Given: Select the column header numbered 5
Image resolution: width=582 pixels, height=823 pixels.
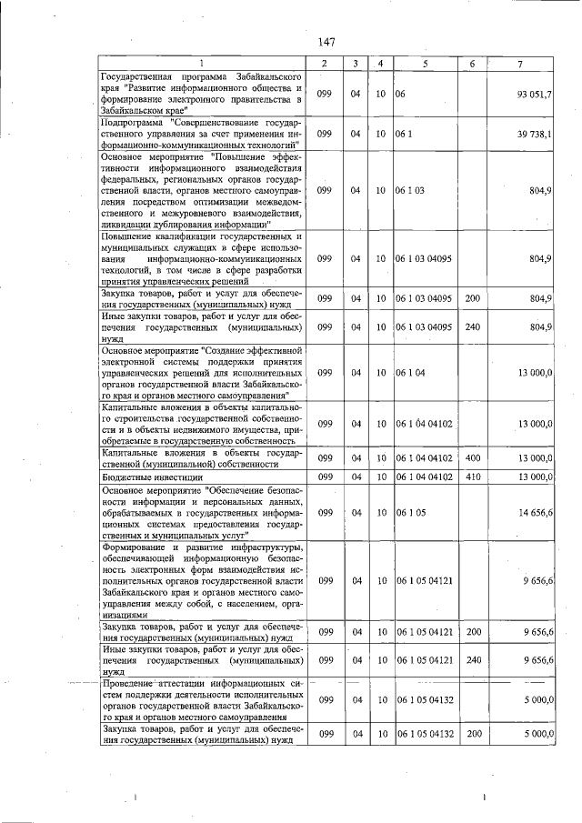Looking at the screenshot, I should pos(425,63).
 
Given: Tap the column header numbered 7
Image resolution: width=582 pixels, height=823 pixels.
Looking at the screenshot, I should pos(519,63).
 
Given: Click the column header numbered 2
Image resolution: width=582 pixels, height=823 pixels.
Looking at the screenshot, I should pos(325,63).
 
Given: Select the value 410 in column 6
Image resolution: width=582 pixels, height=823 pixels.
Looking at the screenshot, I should pos(472,477).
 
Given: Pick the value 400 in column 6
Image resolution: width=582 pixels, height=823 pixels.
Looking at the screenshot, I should pos(472,458).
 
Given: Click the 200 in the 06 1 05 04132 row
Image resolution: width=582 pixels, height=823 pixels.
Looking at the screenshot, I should pos(472,734).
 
